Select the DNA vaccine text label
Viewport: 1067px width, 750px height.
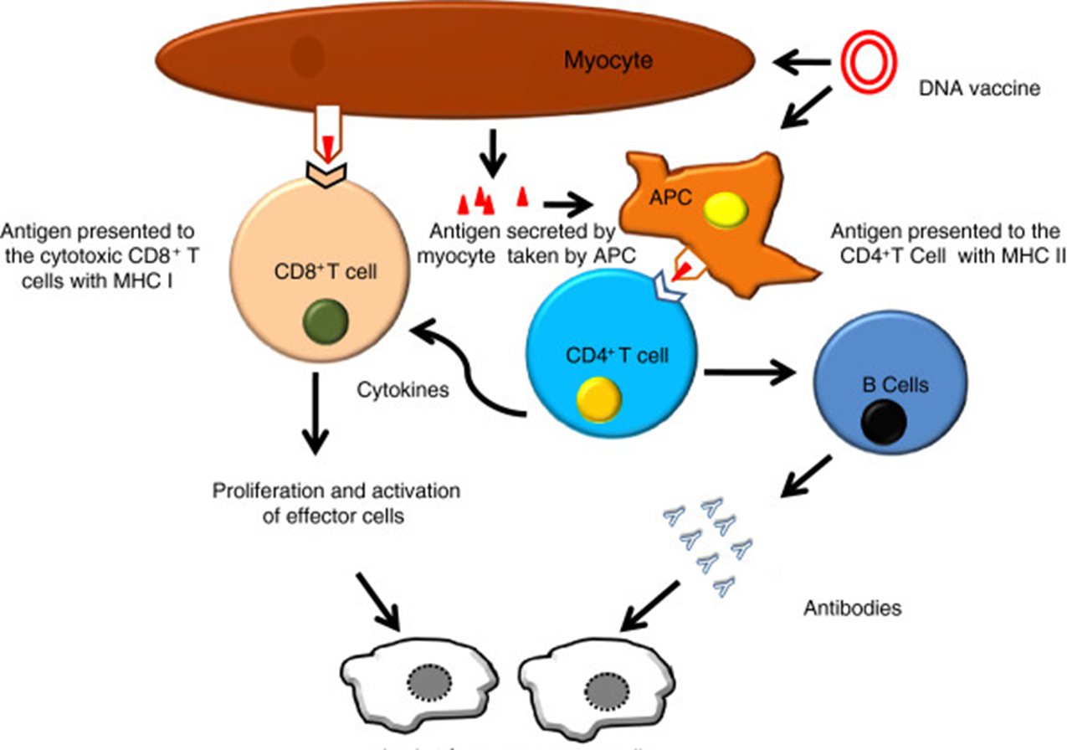977,86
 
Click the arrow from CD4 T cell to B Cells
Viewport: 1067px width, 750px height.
748,371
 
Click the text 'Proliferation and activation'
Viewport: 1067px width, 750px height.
334,490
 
